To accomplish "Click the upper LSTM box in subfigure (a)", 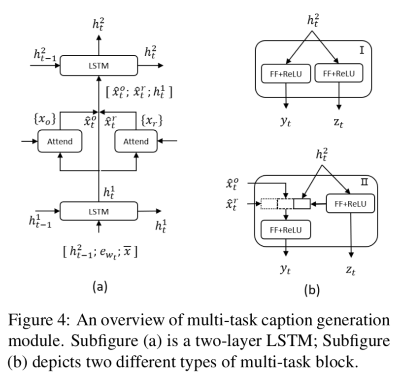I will coord(99,65).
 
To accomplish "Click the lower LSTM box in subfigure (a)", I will coord(99,212).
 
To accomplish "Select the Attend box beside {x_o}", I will coord(60,142).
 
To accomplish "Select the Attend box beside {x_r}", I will coord(135,142).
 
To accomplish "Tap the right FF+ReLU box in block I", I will coord(338,74).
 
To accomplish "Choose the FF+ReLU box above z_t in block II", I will coord(350,203).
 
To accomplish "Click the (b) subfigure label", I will coord(311,291).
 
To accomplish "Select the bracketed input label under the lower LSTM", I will coord(100,252).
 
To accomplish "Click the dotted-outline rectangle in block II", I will coord(268,203).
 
